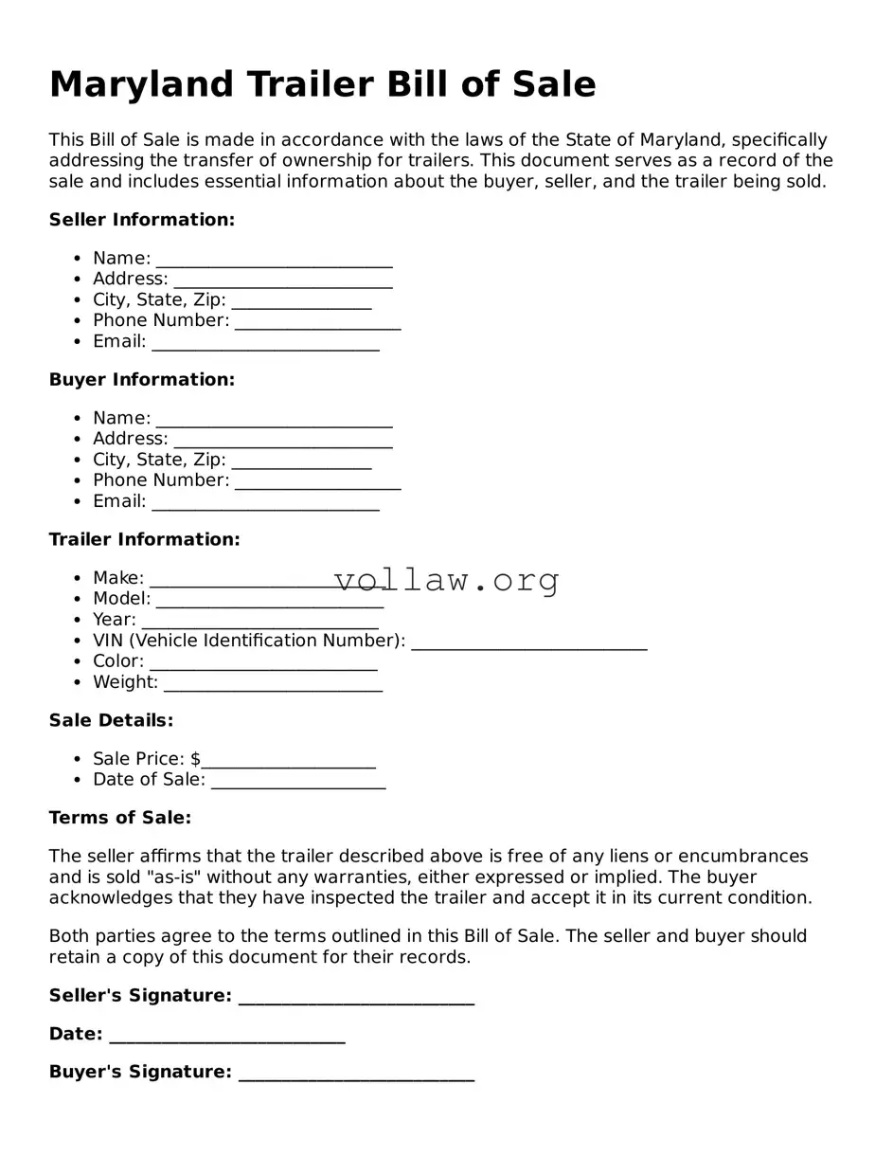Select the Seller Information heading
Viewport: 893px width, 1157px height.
click(141, 220)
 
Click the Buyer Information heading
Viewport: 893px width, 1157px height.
click(141, 380)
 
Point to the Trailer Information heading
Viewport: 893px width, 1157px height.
click(144, 539)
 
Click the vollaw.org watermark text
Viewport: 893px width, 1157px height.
click(447, 579)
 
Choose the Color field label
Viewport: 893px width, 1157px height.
click(117, 661)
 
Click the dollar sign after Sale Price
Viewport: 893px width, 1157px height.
click(195, 759)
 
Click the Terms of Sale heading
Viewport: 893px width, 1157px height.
click(119, 818)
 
